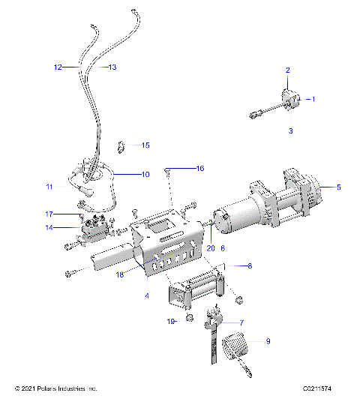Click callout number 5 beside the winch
click(338, 187)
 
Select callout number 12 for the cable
click(58, 67)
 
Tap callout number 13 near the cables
click(113, 67)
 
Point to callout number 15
click(145, 145)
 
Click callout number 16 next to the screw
click(199, 167)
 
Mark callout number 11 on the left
click(49, 186)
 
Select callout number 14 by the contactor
click(49, 227)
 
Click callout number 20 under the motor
click(211, 248)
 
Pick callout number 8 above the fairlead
click(249, 265)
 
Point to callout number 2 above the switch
click(287, 70)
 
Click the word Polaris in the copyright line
click(57, 389)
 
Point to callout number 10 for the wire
click(145, 174)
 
